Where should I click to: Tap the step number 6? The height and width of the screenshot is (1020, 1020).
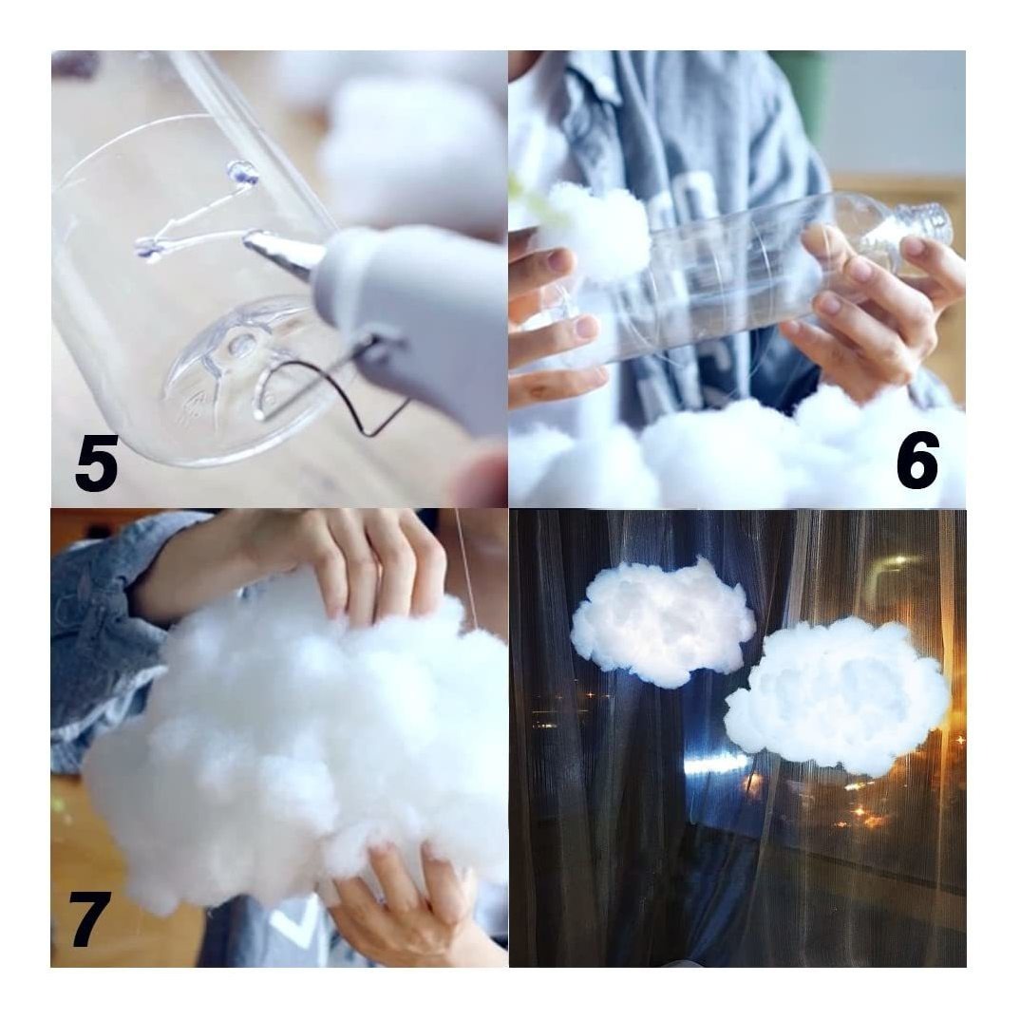(x=917, y=461)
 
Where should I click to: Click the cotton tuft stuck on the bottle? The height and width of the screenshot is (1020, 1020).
(x=595, y=231)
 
